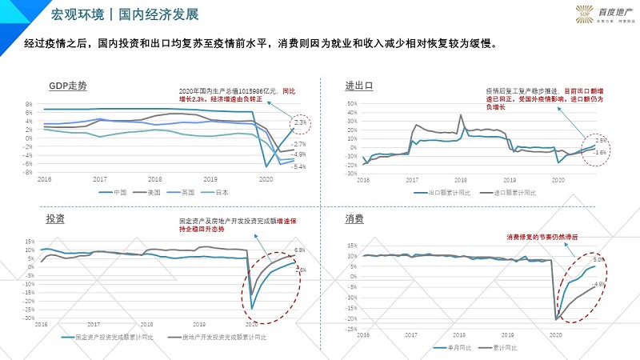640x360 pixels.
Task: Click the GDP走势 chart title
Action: [x=67, y=85]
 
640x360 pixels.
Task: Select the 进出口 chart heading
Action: [x=359, y=85]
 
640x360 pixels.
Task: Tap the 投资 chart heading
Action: [x=57, y=218]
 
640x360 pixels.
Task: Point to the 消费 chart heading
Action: [x=354, y=218]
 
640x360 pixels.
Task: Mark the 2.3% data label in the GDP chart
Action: [x=300, y=122]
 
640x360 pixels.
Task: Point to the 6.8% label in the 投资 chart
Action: [x=300, y=250]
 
